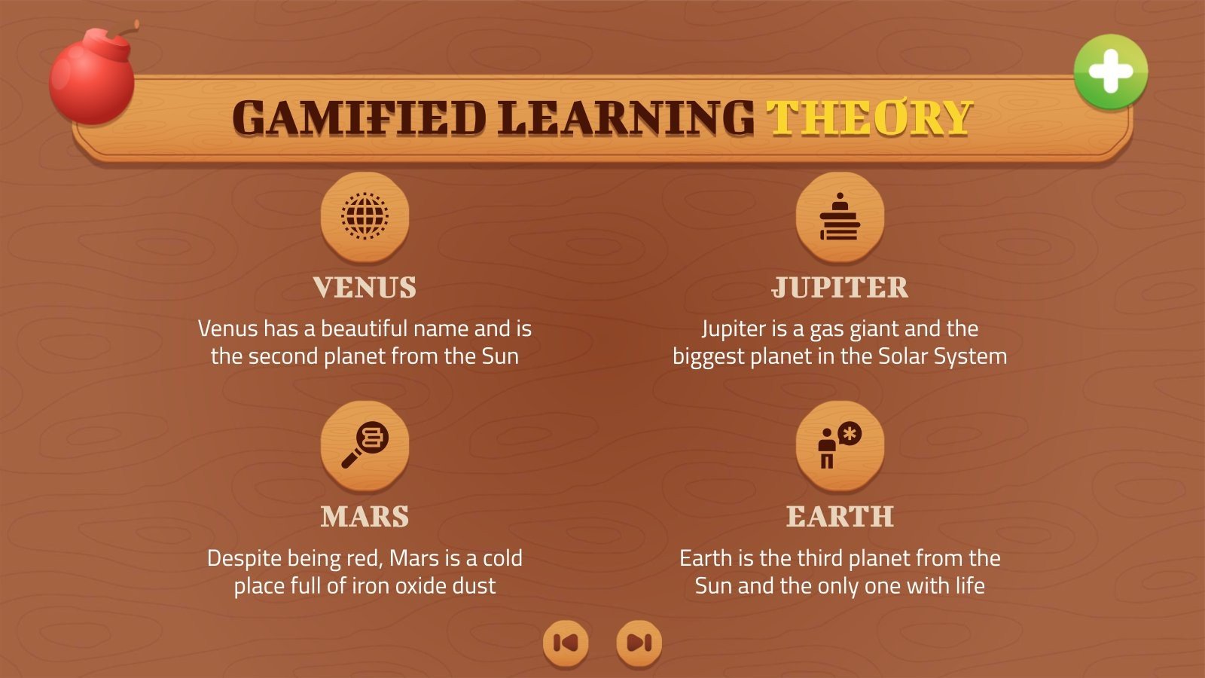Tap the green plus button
1110,72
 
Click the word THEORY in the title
869,118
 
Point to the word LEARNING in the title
625,118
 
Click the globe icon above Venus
365,216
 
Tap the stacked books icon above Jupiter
840,217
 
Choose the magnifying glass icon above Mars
365,445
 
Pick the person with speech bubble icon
840,445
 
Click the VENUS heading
365,288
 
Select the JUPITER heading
840,288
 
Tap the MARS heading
365,517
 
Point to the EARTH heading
840,517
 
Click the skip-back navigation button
566,643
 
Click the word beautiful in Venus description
364,328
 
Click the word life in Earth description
970,586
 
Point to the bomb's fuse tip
137,23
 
